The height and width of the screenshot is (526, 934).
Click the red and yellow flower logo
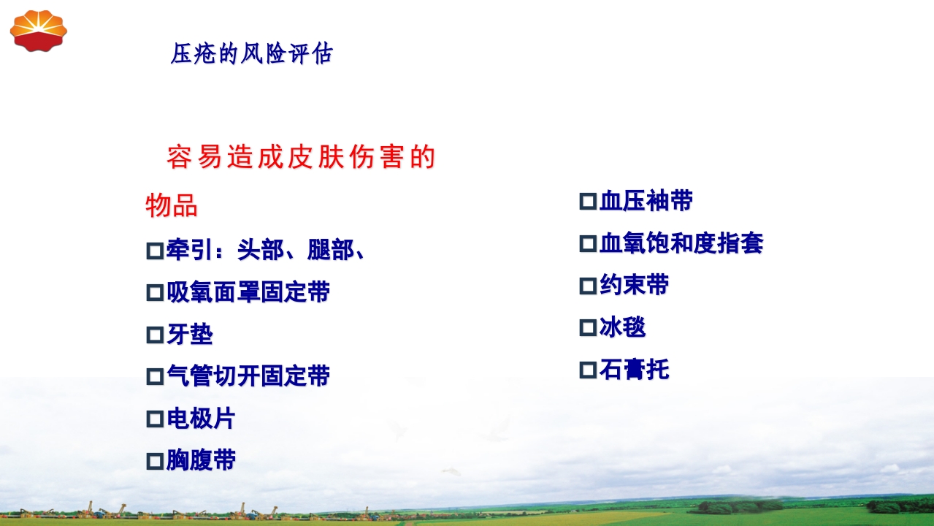38,31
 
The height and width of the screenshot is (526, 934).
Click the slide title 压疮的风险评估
251,53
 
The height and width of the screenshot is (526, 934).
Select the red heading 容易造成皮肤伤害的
301,157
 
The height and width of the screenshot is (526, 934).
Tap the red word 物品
172,206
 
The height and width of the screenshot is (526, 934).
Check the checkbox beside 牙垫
154,335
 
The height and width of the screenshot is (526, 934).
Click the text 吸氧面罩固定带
248,293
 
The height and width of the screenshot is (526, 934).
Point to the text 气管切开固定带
248,377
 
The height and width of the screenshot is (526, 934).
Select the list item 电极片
201,419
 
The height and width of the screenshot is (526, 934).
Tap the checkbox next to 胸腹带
154,462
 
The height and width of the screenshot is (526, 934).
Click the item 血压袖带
646,201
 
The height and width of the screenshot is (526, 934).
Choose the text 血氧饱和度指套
681,243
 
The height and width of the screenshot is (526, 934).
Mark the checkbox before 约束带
587,286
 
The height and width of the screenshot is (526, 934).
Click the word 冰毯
622,327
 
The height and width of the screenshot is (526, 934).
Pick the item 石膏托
634,370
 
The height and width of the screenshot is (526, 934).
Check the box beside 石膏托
587,370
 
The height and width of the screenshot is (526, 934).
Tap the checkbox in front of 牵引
154,251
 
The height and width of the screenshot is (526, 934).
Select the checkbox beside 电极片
154,419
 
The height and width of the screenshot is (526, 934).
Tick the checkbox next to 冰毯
587,328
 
